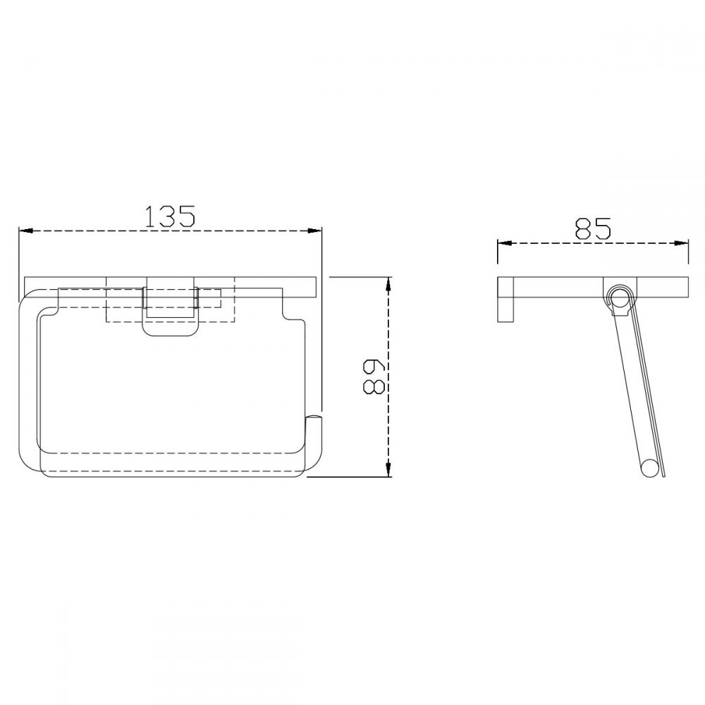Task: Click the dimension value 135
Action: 169,216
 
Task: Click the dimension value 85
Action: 592,228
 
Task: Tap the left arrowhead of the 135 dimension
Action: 23,231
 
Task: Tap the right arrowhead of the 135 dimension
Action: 317,231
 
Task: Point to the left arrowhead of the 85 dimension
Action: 503,243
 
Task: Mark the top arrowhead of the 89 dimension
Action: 387,283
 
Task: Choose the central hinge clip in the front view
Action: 170,310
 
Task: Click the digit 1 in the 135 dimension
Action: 150,216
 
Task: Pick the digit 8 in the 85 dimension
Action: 582,228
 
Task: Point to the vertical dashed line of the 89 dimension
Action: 387,423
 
